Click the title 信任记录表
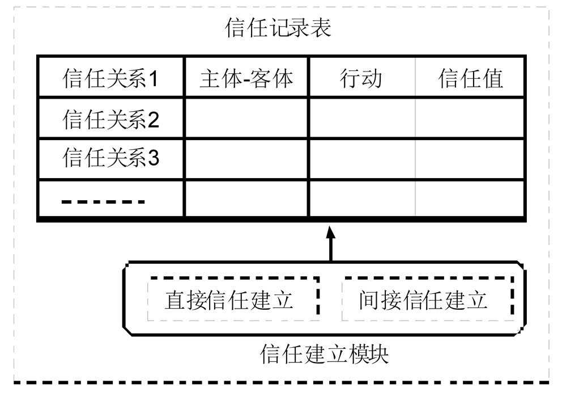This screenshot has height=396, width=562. point(278,28)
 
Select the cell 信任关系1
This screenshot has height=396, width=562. point(111,78)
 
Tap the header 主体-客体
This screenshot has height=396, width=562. point(246,78)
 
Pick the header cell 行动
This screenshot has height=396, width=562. point(361,78)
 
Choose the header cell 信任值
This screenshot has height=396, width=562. point(471,78)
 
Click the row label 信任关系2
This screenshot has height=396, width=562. point(111,119)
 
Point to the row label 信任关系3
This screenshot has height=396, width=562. point(111,158)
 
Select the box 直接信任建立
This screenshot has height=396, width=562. point(232,299)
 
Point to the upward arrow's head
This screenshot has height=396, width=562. point(331,231)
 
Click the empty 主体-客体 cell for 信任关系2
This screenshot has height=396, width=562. point(246,118)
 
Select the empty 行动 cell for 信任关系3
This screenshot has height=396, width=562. point(361,159)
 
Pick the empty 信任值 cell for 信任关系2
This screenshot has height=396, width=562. point(470,118)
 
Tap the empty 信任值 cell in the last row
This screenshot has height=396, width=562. point(470,199)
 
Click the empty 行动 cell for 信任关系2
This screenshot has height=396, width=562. point(361,118)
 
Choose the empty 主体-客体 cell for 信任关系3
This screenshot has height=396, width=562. point(246,159)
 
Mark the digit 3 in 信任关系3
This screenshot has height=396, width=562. point(153,158)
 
